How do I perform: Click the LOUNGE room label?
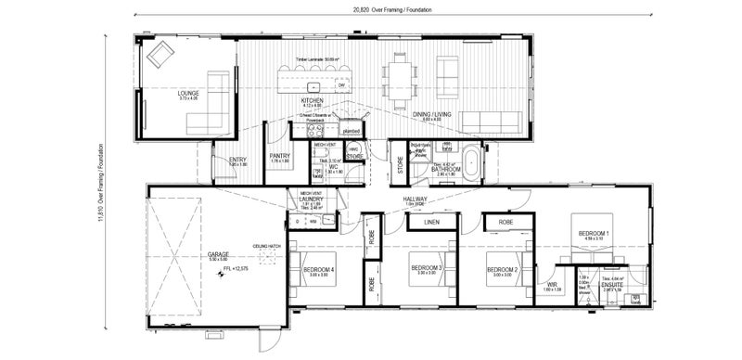189,94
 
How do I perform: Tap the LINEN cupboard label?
431,223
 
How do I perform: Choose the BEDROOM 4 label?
319,270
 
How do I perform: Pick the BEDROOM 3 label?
426,270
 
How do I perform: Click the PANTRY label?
280,156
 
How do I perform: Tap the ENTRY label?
237,161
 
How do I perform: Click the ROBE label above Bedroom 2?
505,223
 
